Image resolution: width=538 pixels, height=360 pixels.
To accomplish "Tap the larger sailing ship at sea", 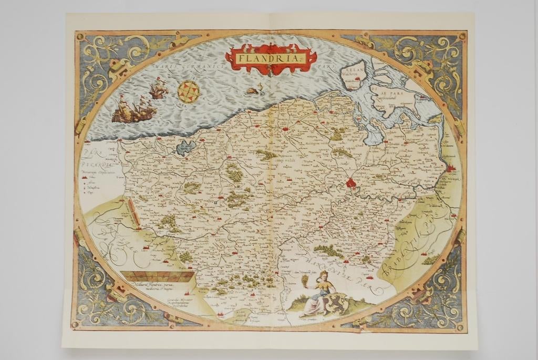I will tap(134, 110).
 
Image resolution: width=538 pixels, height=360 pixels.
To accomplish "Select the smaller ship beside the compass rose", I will tap(158, 90).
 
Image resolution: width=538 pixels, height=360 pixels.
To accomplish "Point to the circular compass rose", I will tap(188, 91).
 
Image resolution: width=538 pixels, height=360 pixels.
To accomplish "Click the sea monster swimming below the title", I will tap(254, 90).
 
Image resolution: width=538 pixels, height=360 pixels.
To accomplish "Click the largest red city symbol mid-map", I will tap(351, 182).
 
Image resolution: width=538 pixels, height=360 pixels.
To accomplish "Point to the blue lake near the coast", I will tap(185, 148).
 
